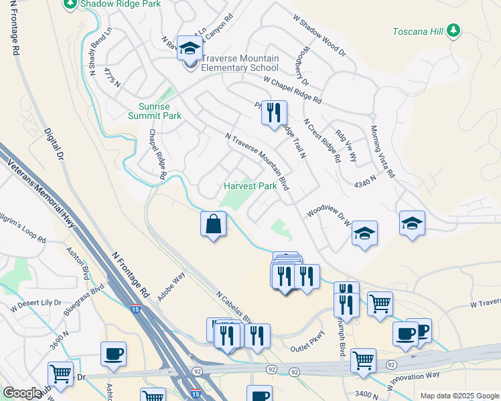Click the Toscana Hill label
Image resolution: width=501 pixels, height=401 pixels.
coord(416,31)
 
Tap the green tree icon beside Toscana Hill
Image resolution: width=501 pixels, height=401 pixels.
coord(453,30)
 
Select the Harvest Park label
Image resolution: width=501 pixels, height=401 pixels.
coord(250,186)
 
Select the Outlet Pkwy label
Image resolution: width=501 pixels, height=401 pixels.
coord(307,348)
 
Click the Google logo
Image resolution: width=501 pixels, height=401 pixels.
coord(22,393)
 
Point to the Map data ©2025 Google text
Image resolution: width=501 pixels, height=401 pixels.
coord(459,396)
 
